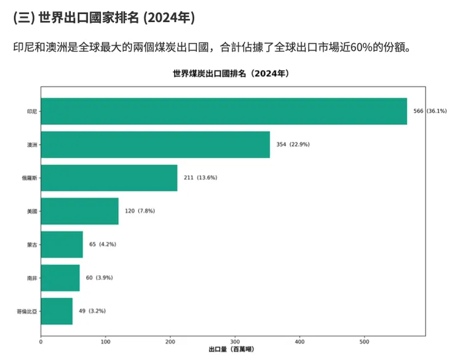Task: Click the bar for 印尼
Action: point(224,111)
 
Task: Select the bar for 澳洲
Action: point(155,145)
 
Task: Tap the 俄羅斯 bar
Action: point(109,178)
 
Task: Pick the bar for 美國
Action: point(79,211)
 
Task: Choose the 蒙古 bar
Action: point(61,244)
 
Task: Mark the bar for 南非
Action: point(60,278)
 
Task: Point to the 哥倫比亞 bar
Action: point(57,311)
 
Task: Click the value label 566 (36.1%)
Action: point(430,111)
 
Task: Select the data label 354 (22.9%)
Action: point(293,145)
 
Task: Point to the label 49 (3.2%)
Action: point(92,311)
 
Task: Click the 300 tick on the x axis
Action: point(235,342)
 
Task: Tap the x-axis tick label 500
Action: point(365,342)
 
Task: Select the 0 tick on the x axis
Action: point(41,342)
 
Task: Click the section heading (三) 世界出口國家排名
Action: point(103,18)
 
